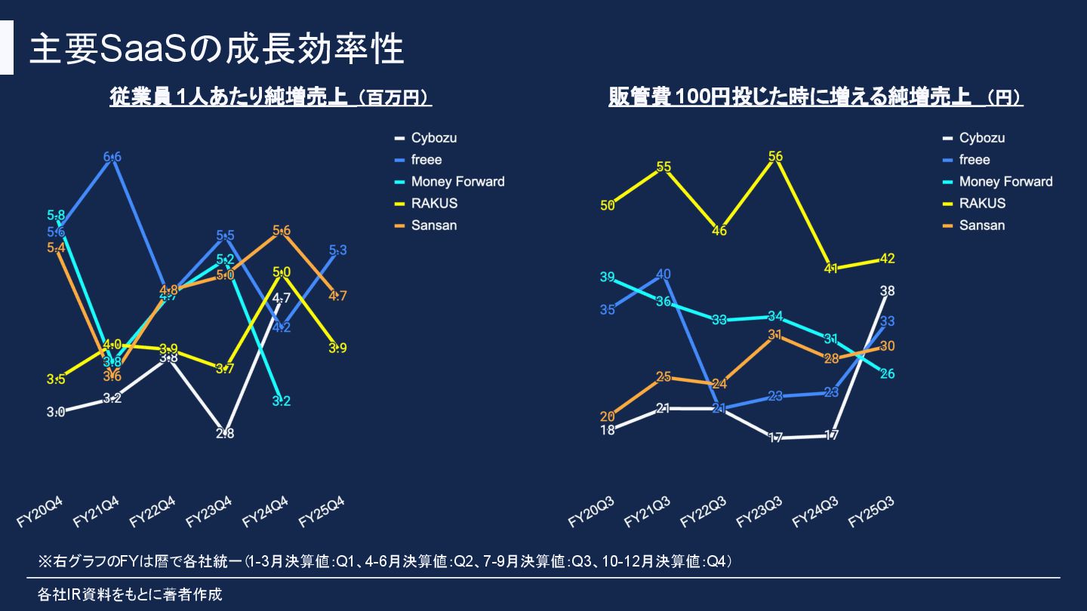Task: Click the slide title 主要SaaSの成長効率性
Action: pyautogui.click(x=217, y=48)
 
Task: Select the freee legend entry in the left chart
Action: pyautogui.click(x=426, y=160)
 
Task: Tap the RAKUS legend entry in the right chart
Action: pyautogui.click(x=982, y=204)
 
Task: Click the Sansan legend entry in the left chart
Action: pyautogui.click(x=434, y=226)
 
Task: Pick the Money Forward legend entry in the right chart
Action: pyautogui.click(x=1005, y=182)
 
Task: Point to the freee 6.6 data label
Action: pyautogui.click(x=112, y=157)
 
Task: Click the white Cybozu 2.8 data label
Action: pyautogui.click(x=225, y=434)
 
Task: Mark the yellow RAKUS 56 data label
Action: pyautogui.click(x=775, y=156)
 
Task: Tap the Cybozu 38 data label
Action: pyautogui.click(x=888, y=291)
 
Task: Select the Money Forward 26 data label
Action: pyautogui.click(x=888, y=374)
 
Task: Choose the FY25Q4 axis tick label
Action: pyautogui.click(x=322, y=512)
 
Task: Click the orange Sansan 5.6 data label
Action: pyautogui.click(x=281, y=231)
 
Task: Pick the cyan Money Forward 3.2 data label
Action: pyautogui.click(x=281, y=401)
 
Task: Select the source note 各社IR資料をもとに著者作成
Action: pyautogui.click(x=130, y=594)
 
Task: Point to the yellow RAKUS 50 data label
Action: pyautogui.click(x=608, y=204)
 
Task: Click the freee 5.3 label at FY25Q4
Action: pyautogui.click(x=338, y=250)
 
